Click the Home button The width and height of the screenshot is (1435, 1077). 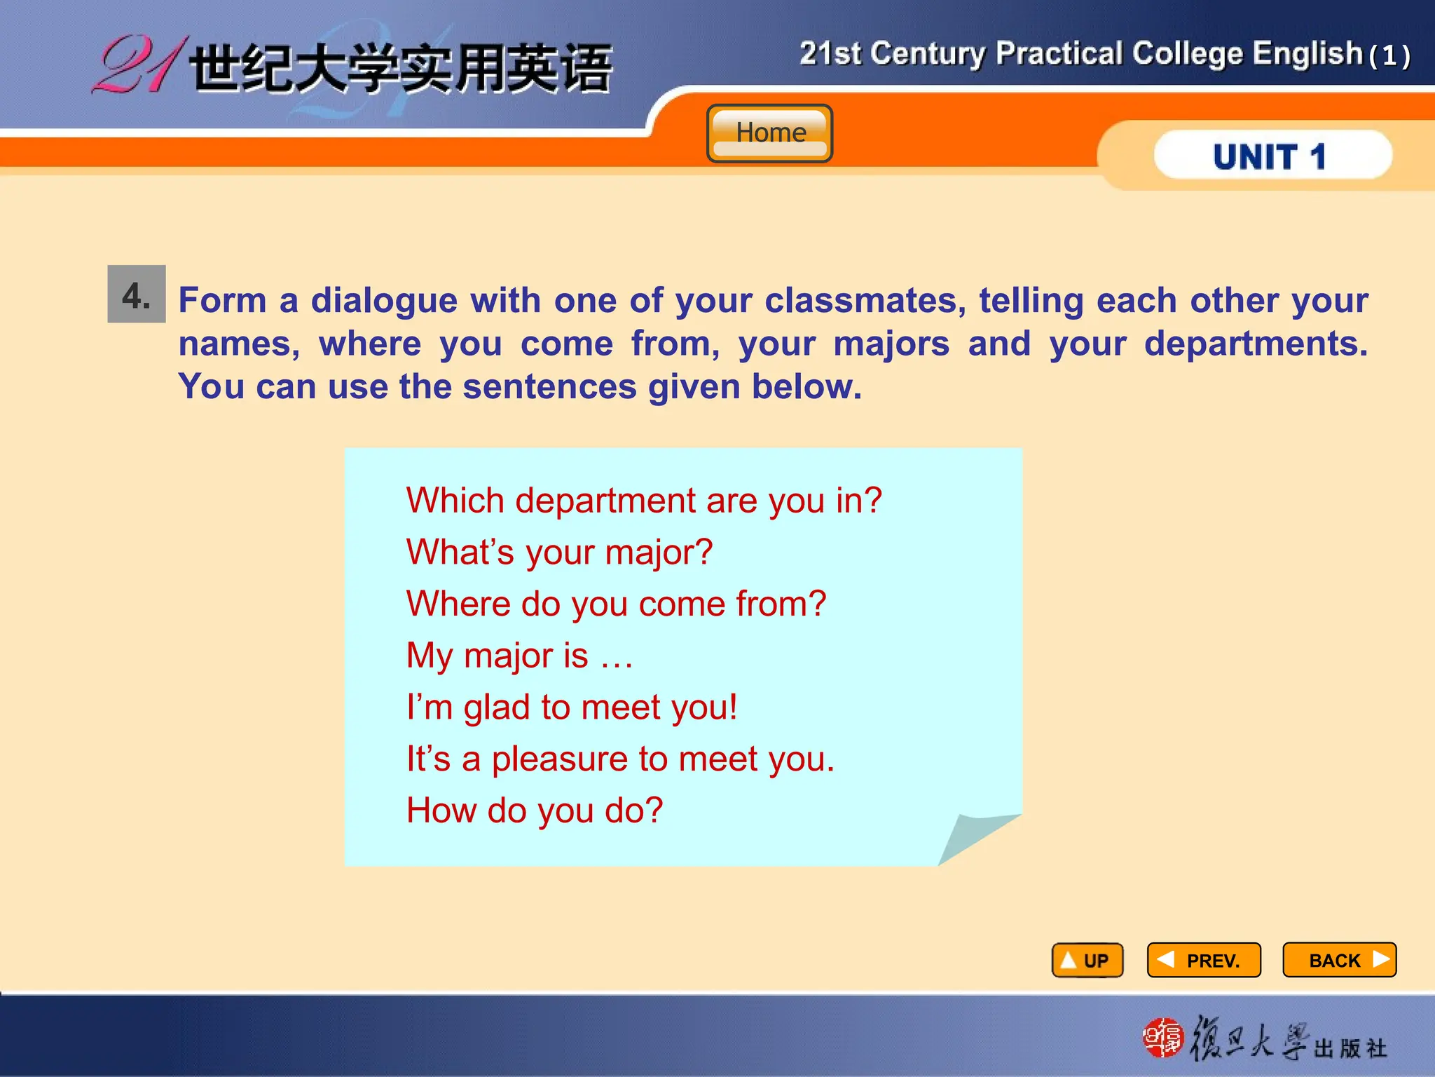769,133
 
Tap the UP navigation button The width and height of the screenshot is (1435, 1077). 1087,960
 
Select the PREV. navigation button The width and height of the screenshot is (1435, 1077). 1203,960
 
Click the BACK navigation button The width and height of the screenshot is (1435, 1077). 1339,960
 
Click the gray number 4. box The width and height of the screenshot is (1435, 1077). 137,294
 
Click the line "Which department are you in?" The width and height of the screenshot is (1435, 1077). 644,501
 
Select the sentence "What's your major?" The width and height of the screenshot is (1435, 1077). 559,552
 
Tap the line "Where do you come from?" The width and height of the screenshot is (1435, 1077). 616,604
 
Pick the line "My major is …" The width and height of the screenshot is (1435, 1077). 519,656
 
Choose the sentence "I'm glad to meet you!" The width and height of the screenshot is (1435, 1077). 572,707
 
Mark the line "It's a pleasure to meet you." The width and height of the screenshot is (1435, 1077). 620,759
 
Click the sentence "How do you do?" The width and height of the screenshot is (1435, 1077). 535,811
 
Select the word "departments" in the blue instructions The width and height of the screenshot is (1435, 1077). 1255,344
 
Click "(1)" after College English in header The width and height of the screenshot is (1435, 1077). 1389,56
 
